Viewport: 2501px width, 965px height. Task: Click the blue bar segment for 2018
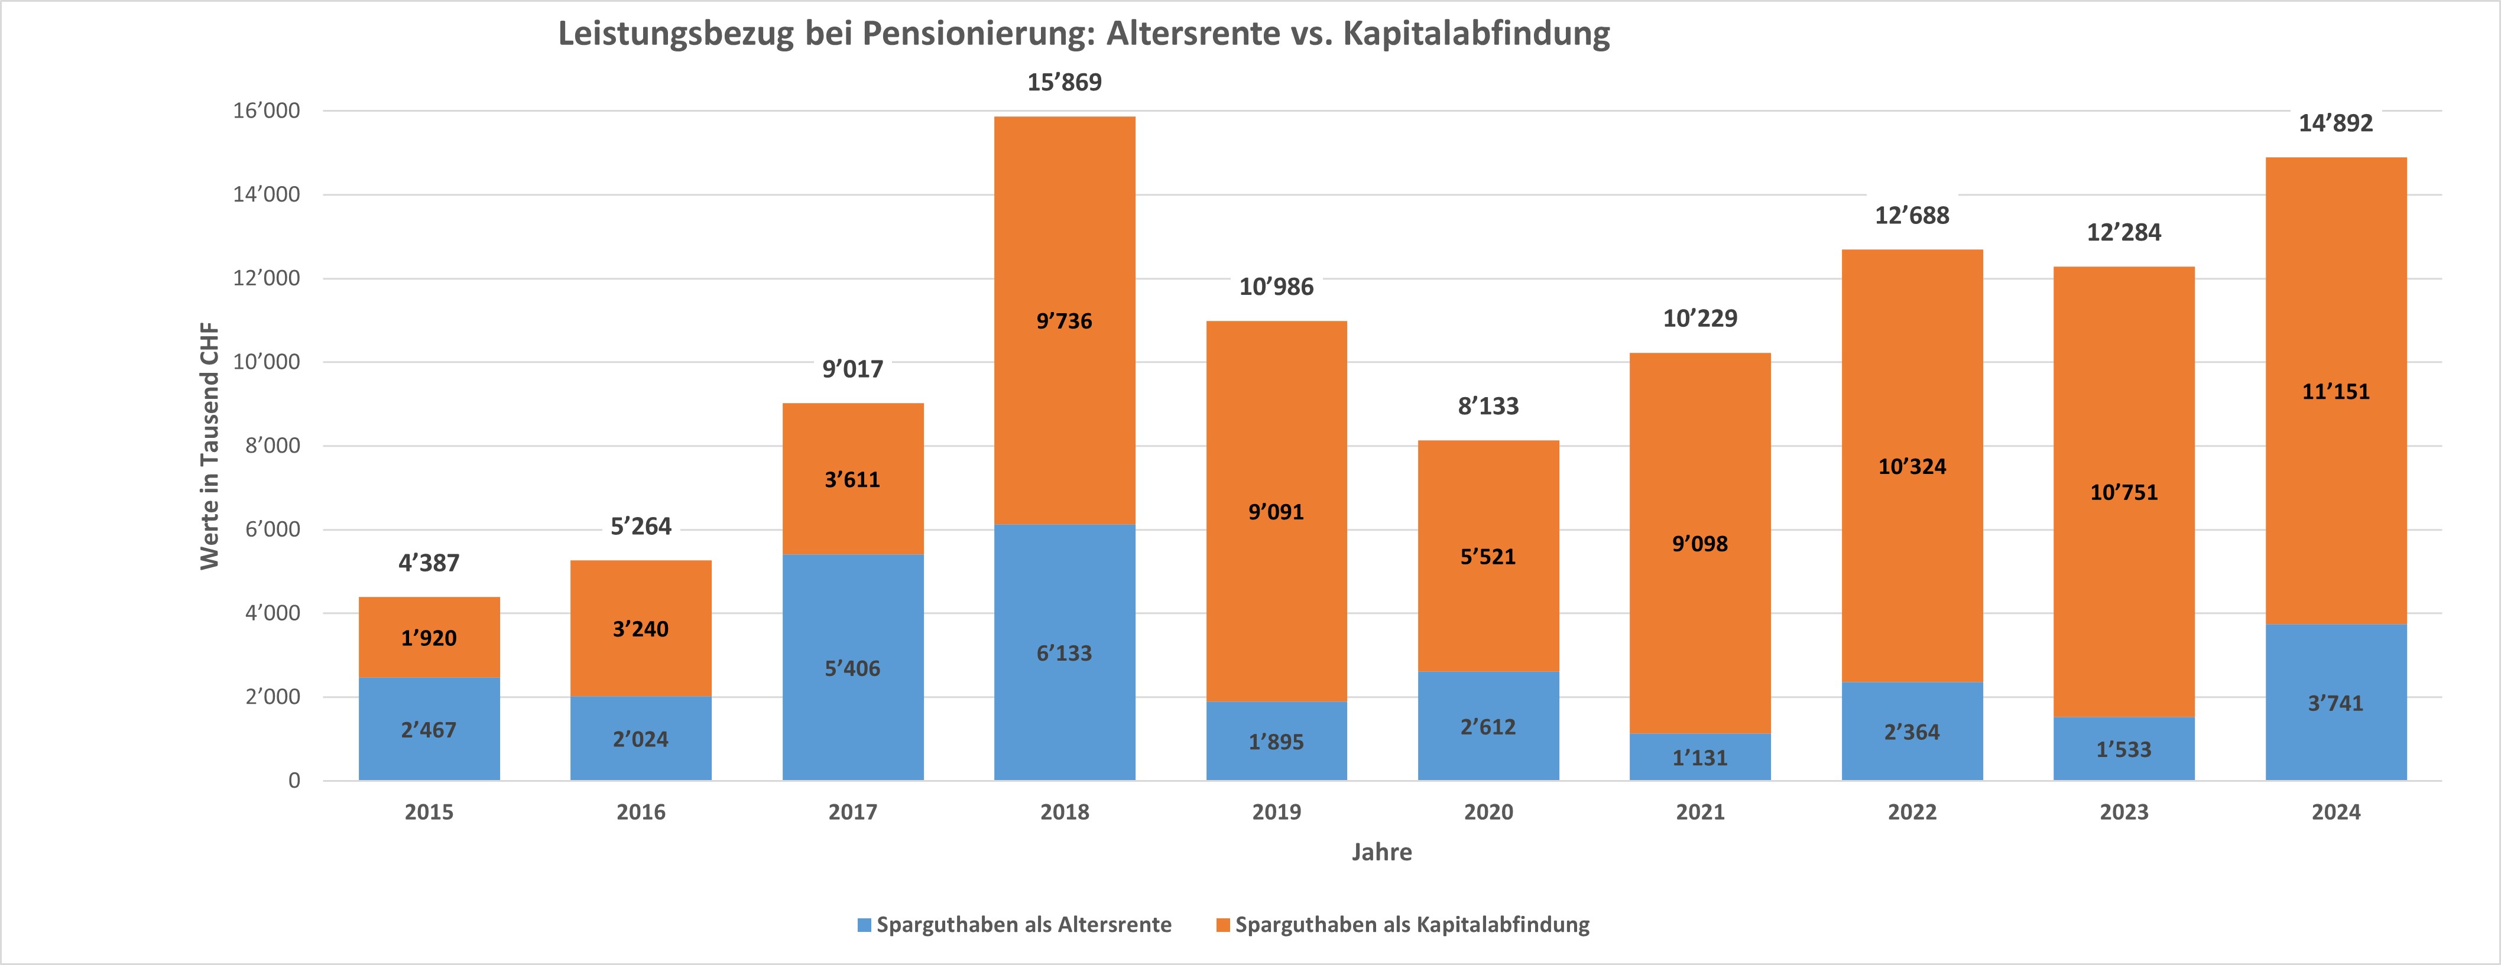[x=1064, y=680]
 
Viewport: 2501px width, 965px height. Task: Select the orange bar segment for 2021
[x=1700, y=466]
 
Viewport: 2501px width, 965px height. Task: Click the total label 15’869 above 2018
[x=1064, y=83]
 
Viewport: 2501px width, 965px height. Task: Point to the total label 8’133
[x=1488, y=406]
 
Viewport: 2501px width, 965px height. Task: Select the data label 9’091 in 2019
[x=1276, y=512]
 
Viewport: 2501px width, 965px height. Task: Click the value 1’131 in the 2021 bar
[x=1700, y=757]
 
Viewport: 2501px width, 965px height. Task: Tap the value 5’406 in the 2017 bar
[x=852, y=668]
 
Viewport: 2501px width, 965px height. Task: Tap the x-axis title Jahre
[x=1381, y=852]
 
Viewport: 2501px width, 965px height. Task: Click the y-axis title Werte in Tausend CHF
[x=210, y=447]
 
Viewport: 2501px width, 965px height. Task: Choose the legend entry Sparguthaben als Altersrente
[x=1023, y=924]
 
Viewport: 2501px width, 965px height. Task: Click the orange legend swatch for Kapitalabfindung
[x=1224, y=924]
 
